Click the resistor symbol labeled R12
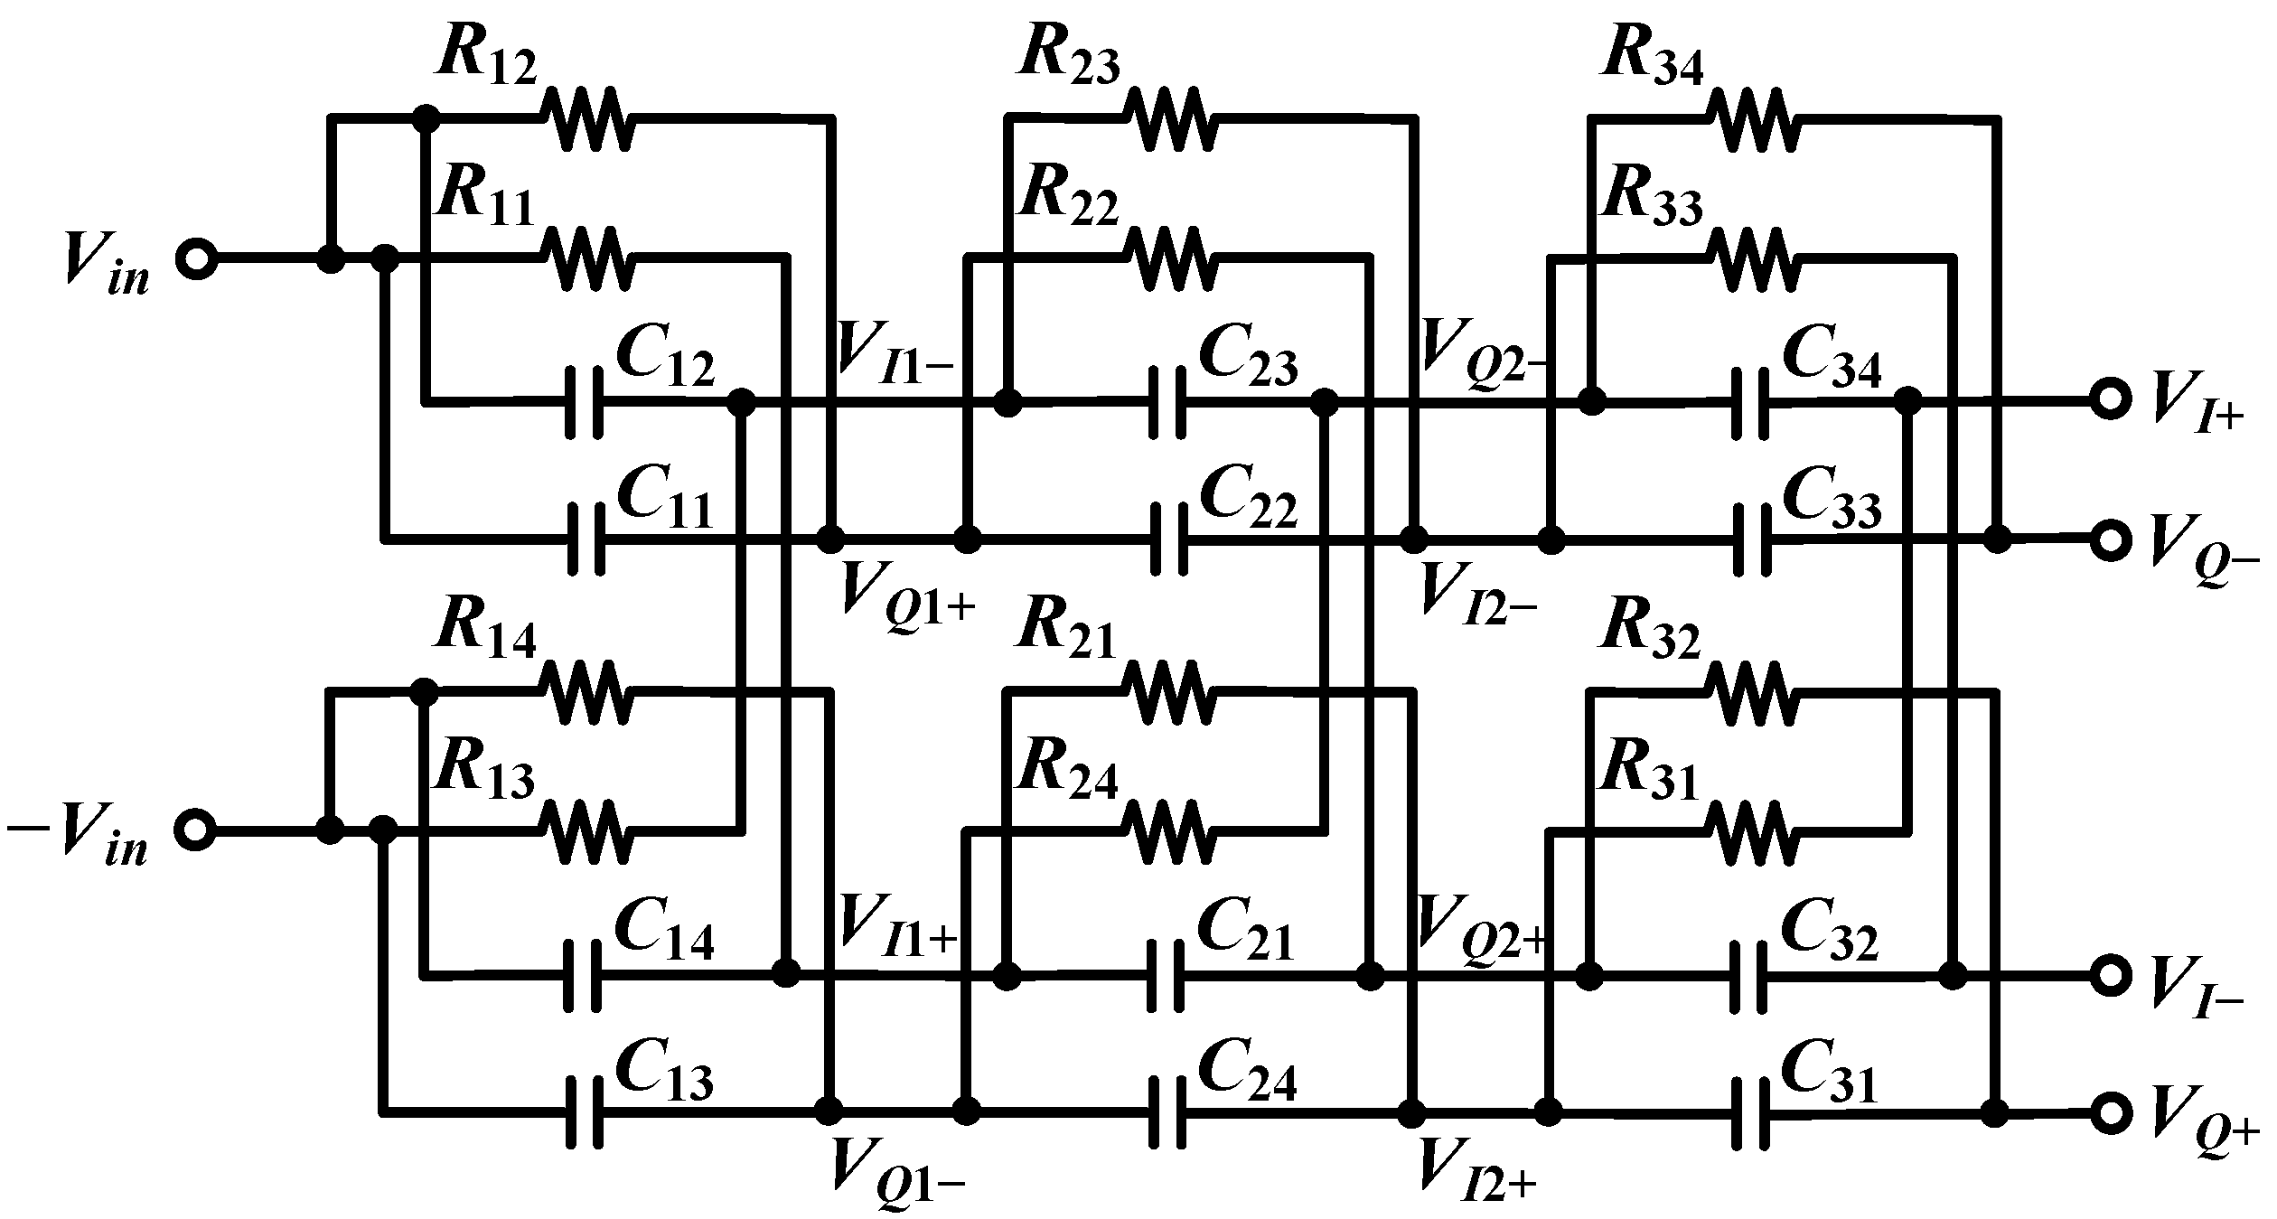point(586,118)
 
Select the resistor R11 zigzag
point(586,258)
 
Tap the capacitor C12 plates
point(584,403)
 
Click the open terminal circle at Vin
point(196,259)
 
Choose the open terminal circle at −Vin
point(196,829)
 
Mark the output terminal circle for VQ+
point(2109,1113)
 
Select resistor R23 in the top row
point(1169,118)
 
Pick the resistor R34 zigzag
point(1752,118)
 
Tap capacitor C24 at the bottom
point(1167,1111)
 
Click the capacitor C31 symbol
point(1749,1113)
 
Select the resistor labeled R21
point(1169,692)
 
